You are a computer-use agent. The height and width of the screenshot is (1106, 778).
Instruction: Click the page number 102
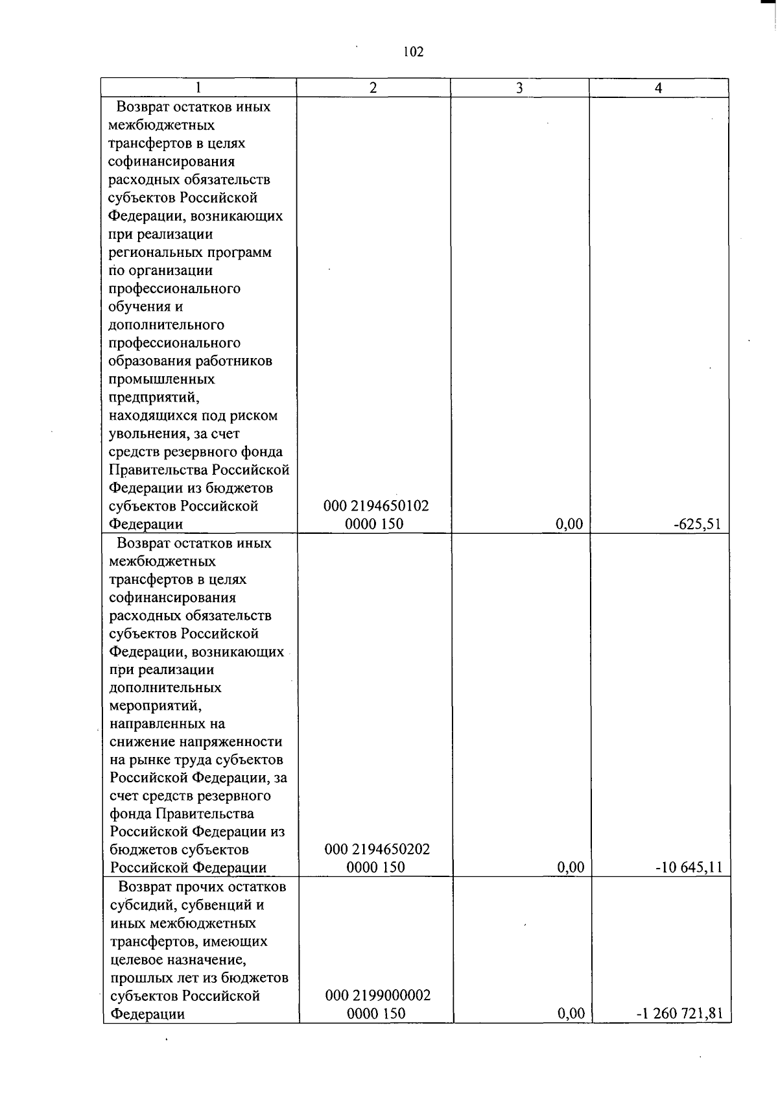[413, 52]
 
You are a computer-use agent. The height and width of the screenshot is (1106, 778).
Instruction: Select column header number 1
[198, 88]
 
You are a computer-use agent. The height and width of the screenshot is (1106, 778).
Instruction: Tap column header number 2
[373, 88]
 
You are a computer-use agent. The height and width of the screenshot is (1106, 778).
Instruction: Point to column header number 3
[519, 88]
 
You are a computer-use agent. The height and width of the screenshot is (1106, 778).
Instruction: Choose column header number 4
[659, 88]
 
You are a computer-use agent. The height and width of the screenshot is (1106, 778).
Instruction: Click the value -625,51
[697, 524]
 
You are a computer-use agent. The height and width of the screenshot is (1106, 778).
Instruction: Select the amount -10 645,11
[689, 867]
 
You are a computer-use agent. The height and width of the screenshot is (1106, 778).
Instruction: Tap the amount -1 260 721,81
[679, 1013]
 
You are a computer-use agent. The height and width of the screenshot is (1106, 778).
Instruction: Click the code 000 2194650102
[376, 506]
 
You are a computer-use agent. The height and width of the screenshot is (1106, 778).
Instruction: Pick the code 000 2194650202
[377, 849]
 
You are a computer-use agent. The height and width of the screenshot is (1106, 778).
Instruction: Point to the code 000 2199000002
[377, 995]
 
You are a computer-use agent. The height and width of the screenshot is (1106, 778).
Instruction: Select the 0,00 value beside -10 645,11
[571, 867]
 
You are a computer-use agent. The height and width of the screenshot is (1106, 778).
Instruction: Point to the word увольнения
[148, 433]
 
